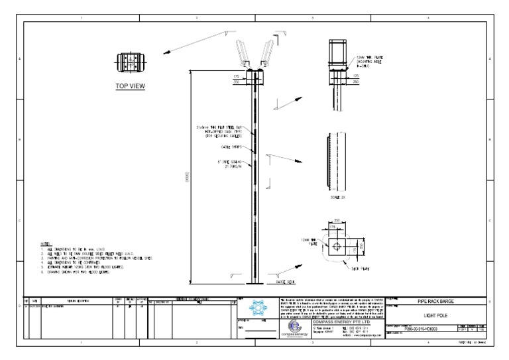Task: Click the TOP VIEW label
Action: point(130,86)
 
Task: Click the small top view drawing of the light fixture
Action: point(130,63)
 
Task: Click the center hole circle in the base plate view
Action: point(338,247)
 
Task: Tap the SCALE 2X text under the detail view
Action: point(339,198)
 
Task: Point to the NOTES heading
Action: point(45,244)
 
